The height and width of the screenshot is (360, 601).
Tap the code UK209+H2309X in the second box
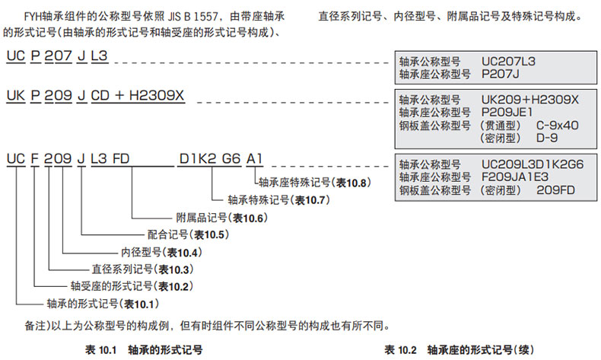pyautogui.click(x=530, y=100)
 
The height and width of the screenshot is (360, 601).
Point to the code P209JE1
pyautogui.click(x=506, y=112)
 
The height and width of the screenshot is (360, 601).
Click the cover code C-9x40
pyautogui.click(x=559, y=124)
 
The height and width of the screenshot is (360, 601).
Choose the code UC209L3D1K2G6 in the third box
pyautogui.click(x=533, y=164)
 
